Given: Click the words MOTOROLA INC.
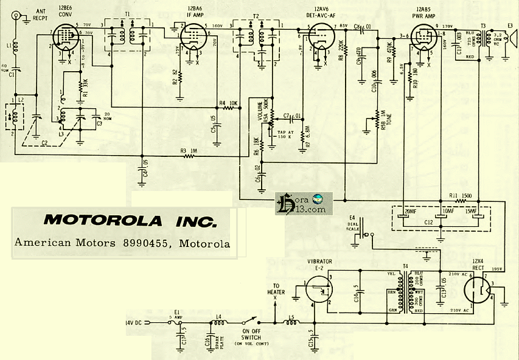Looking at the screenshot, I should [x=122, y=220].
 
